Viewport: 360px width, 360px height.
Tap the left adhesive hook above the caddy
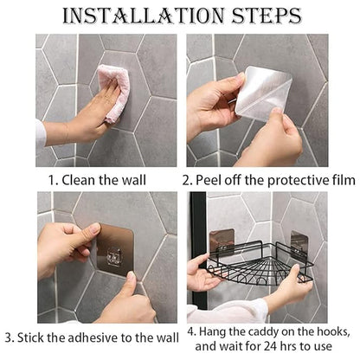point(221,240)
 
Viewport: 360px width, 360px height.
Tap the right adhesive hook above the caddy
point(299,241)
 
